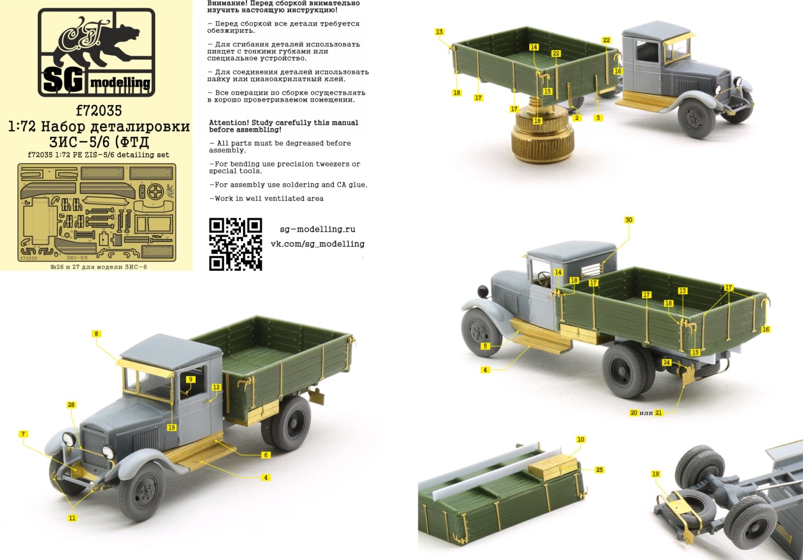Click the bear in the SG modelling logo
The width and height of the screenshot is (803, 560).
[x=100, y=43]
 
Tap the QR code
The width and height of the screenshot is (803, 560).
[x=235, y=244]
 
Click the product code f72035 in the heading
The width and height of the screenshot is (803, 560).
[x=99, y=110]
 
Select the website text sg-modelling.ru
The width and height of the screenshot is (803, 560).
[x=317, y=229]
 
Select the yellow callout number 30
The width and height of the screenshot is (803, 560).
[x=629, y=220]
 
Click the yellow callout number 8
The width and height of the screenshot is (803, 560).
[x=96, y=333]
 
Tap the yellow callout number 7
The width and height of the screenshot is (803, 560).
[x=23, y=434]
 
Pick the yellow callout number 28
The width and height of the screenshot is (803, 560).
[x=71, y=405]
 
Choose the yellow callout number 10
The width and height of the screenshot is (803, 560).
[x=581, y=439]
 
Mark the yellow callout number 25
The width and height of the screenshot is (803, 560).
[x=599, y=470]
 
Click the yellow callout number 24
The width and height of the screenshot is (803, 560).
[x=666, y=363]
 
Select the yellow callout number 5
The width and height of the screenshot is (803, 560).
[x=485, y=346]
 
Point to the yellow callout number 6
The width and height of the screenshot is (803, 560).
[x=266, y=455]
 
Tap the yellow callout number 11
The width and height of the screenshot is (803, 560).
[x=72, y=518]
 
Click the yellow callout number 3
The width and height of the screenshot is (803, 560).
[x=598, y=118]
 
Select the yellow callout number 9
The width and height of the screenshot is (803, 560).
[x=190, y=379]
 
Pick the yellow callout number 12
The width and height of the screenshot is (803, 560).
[x=216, y=387]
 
